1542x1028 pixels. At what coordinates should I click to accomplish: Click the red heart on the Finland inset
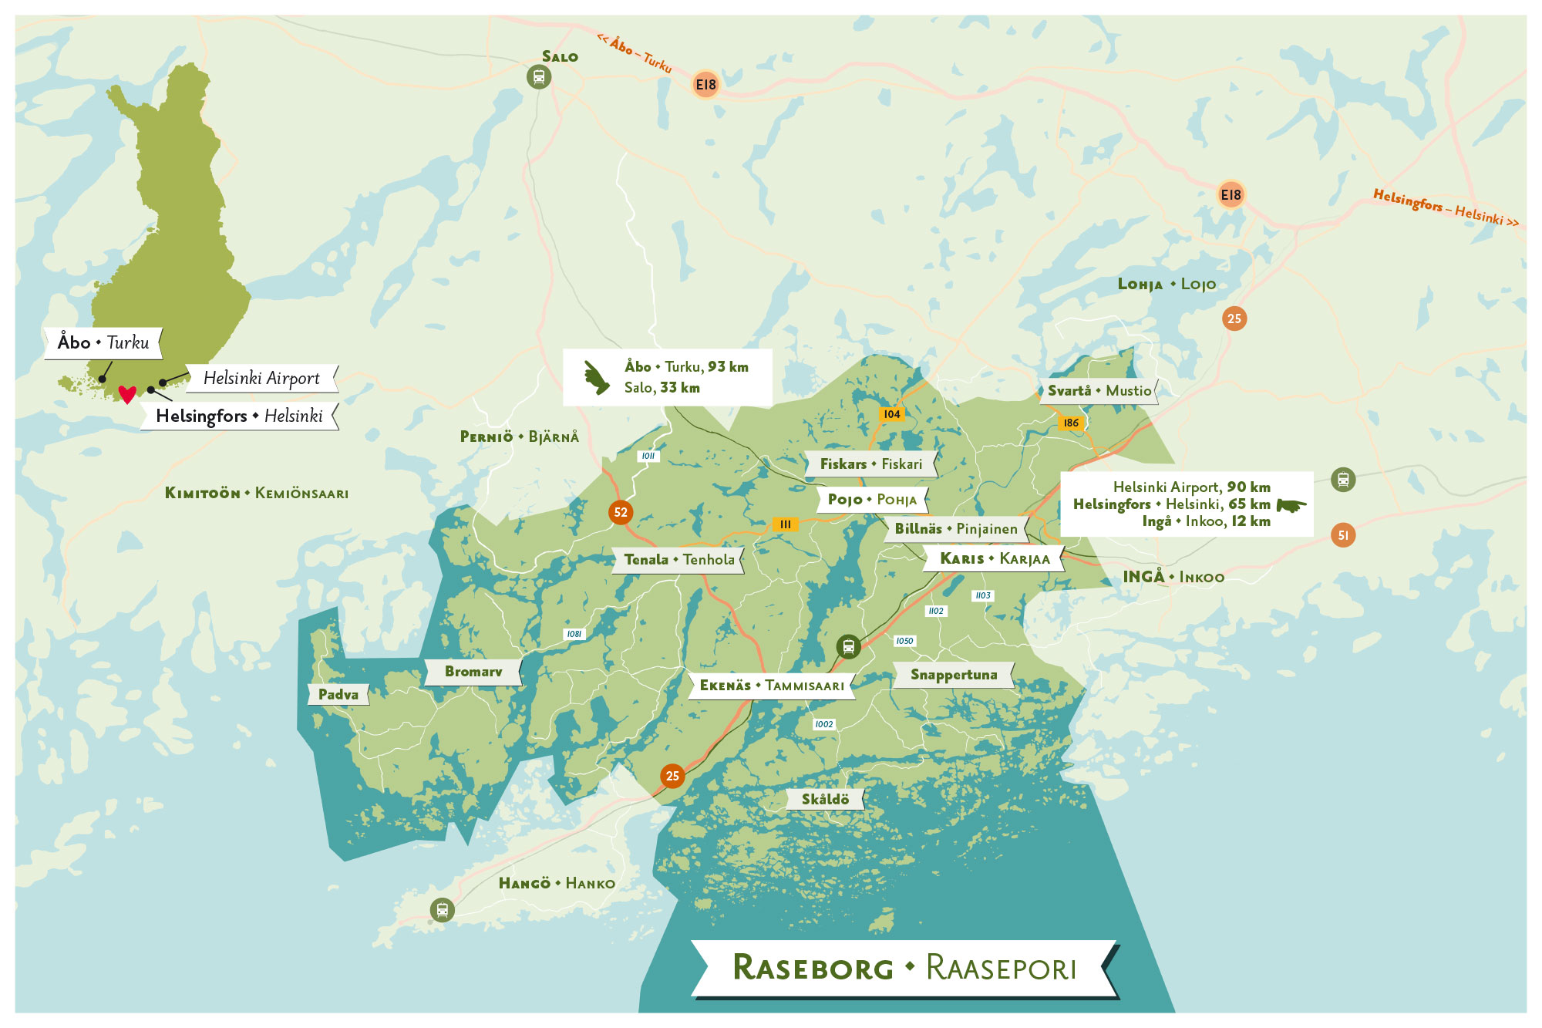[127, 394]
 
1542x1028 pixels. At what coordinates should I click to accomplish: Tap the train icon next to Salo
[539, 77]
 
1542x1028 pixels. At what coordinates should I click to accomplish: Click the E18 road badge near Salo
[705, 85]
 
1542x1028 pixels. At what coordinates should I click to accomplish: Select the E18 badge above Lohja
[1231, 194]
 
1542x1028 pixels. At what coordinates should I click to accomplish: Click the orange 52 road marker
[621, 512]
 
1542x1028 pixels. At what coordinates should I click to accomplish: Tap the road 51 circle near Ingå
[1343, 535]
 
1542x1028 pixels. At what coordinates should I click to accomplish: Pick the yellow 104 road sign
[892, 414]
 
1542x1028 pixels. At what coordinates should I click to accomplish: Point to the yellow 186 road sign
[1071, 423]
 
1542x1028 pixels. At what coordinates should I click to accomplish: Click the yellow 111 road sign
[785, 524]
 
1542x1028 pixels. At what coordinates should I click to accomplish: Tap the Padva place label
[338, 694]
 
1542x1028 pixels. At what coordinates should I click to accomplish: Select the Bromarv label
[473, 672]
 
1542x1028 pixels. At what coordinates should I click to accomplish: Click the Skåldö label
[825, 799]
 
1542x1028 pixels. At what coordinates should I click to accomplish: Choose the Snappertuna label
[954, 675]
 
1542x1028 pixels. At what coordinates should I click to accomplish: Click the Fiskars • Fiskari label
[870, 464]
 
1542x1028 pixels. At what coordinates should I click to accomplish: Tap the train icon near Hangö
[442, 910]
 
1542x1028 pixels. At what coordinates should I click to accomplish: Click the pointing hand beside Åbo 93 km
[596, 377]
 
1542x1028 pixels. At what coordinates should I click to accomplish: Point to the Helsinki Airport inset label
[261, 378]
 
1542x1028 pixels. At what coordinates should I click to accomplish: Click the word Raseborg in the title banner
[813, 968]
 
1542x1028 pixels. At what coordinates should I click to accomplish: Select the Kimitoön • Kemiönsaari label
[257, 493]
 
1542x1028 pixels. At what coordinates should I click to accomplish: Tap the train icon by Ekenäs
[848, 646]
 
